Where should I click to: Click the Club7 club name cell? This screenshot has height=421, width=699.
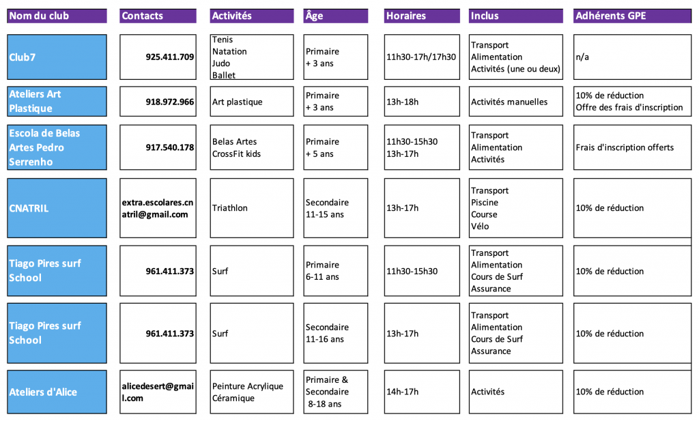[57, 57]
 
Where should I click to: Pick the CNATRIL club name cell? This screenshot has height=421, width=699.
[57, 208]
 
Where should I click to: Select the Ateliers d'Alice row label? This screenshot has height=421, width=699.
[57, 392]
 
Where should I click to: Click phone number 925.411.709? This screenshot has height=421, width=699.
[169, 57]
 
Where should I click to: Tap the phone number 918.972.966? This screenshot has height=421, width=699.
[169, 102]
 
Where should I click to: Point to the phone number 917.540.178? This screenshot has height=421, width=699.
[169, 147]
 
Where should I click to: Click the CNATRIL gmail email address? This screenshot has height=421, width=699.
[157, 208]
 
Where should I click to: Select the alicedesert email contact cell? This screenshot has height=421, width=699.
[157, 392]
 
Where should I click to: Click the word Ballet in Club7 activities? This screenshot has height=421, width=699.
[224, 75]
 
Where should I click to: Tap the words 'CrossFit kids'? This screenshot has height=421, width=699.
[236, 154]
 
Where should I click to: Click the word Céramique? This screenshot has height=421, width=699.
[233, 398]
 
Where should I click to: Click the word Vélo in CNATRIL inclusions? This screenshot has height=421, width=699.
[480, 227]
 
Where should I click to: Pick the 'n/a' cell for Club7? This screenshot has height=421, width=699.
[582, 57]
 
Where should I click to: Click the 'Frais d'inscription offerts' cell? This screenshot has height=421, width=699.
[625, 147]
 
